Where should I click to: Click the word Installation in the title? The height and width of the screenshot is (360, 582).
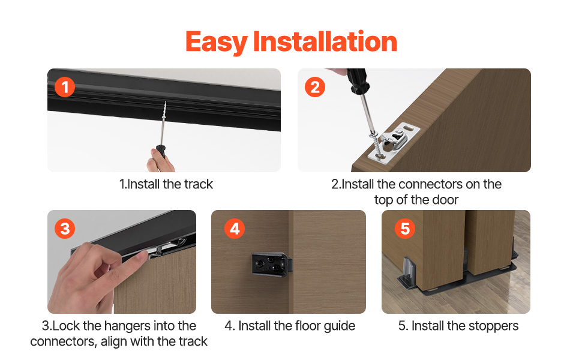coord(325,41)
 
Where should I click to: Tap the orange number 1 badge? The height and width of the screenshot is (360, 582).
coord(65,87)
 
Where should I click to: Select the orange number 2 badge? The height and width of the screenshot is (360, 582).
coord(315,87)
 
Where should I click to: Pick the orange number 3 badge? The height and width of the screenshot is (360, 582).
coord(65,228)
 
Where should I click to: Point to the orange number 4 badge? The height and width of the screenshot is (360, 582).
coord(235,228)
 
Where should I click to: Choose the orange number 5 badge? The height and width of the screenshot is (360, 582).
coord(405,228)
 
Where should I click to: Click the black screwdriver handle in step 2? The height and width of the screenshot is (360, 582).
coord(358,81)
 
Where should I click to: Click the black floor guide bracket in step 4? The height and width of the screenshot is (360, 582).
coord(272,264)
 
